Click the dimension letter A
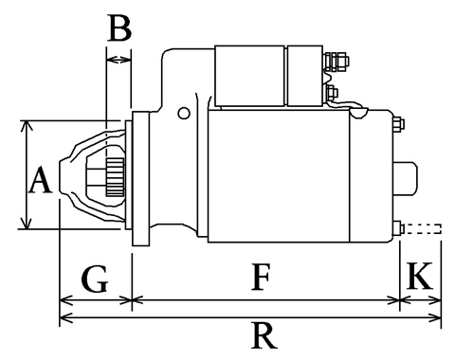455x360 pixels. click(40, 180)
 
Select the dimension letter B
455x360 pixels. click(119, 28)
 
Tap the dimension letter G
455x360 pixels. click(95, 279)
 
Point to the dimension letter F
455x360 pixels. click(261, 277)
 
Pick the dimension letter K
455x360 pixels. click(419, 276)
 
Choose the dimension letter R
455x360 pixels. click(264, 334)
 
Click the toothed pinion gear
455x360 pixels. click(115, 177)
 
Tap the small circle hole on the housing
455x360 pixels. click(184, 113)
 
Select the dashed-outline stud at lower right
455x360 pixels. click(423, 228)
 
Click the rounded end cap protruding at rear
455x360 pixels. click(406, 178)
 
